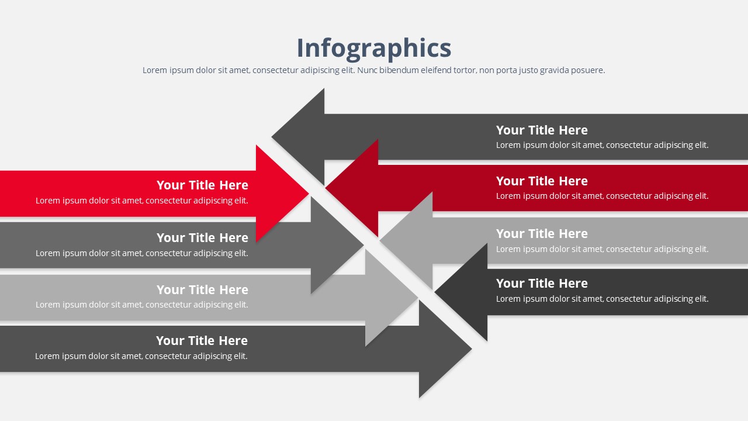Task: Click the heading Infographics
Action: (x=374, y=49)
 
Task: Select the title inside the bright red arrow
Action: (x=202, y=185)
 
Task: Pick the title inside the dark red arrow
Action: (x=542, y=181)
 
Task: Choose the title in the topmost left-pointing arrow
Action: (x=542, y=130)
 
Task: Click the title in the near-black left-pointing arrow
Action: (x=542, y=284)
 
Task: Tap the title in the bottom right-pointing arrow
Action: (x=202, y=341)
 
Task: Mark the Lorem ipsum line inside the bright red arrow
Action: (x=142, y=201)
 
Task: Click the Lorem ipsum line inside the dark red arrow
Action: (x=602, y=196)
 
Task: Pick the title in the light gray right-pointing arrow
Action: (x=202, y=289)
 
